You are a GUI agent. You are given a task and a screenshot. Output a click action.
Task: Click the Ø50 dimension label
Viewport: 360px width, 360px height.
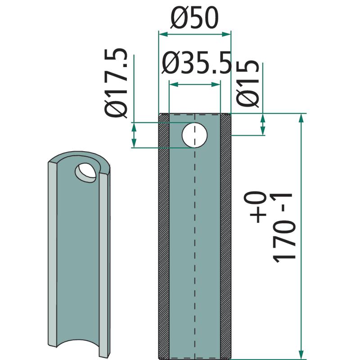pyautogui.click(x=194, y=18)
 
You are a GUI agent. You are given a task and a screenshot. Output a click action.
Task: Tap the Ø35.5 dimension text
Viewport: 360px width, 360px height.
pyautogui.click(x=196, y=63)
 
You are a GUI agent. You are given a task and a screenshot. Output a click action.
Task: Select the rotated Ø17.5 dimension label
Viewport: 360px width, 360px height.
pyautogui.click(x=116, y=83)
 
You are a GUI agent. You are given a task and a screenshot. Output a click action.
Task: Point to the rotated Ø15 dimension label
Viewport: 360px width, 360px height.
pyautogui.click(x=248, y=84)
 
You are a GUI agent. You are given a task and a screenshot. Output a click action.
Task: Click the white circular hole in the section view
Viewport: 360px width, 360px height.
pyautogui.click(x=194, y=135)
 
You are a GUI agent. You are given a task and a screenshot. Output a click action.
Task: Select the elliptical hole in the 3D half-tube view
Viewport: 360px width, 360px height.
pyautogui.click(x=85, y=173)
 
